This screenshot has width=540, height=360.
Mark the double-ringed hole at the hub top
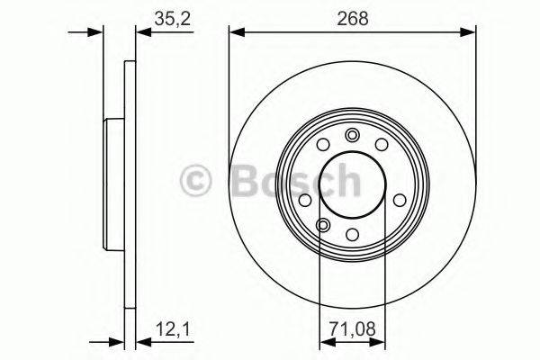pyautogui.click(x=353, y=136)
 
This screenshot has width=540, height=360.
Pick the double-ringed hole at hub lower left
pyautogui.click(x=322, y=225)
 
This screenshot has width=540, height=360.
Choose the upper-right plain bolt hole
pyautogui.click(x=382, y=145)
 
